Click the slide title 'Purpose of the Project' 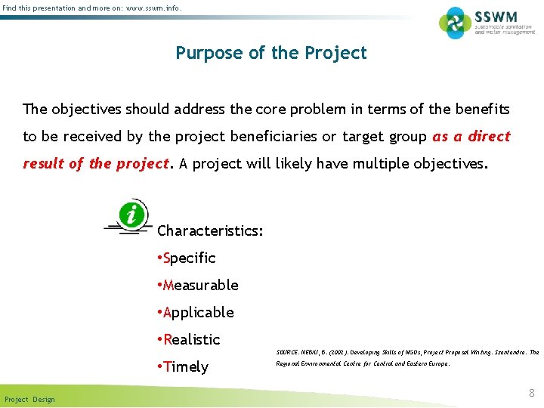pos(271,53)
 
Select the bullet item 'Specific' pos(186,258)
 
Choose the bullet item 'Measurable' pos(197,286)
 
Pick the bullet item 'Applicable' pos(195,313)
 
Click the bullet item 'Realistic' pos(188,340)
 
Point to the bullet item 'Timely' pos(182,367)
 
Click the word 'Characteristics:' pos(210,230)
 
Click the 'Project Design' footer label pos(29,399)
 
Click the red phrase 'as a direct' pos(471,137)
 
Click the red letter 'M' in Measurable pos(168,286)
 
